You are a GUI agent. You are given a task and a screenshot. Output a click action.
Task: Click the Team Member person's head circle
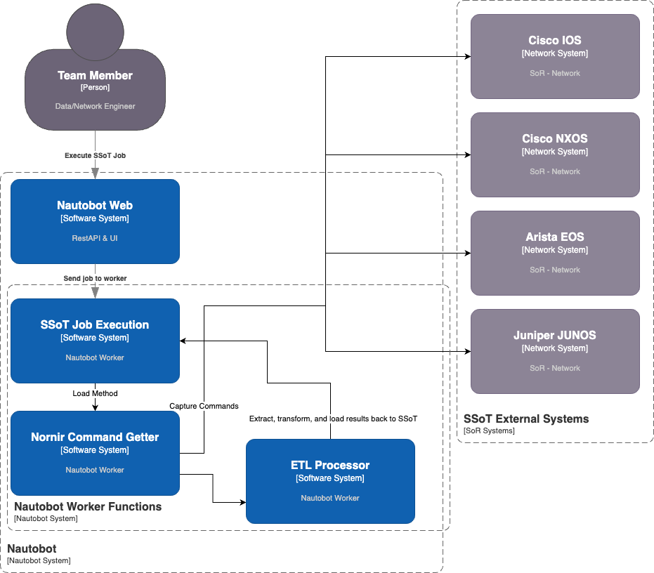click(95, 32)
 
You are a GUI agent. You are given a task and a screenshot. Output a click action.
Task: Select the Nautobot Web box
click(95, 221)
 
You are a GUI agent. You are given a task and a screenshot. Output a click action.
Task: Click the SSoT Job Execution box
click(95, 341)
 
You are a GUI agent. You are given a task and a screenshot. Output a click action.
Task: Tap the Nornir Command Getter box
click(95, 453)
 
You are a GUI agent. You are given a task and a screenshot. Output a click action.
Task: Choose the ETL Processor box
click(330, 481)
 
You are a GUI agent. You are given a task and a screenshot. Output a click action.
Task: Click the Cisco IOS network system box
click(555, 56)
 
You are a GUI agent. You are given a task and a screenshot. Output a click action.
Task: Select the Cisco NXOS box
click(555, 154)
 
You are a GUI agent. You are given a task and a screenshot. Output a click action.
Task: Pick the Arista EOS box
click(555, 253)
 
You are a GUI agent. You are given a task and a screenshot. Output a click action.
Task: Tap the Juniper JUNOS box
click(555, 351)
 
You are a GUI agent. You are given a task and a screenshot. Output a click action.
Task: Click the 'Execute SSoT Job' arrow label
click(95, 155)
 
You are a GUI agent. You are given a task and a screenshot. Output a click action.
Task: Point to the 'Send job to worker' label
click(95, 278)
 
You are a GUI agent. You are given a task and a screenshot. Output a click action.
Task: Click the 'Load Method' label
click(95, 393)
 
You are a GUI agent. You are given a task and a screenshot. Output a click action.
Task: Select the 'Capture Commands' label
click(204, 406)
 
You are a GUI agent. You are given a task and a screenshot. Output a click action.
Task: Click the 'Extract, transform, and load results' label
click(333, 419)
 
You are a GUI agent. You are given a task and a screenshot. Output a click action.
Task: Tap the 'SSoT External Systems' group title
click(526, 419)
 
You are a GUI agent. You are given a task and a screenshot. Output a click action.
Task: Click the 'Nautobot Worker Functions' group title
click(88, 506)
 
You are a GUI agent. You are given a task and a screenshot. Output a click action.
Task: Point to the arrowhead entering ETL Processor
click(242, 502)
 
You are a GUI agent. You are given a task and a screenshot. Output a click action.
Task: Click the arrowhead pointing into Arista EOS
click(466, 253)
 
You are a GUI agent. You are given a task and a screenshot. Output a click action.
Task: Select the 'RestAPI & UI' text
click(95, 238)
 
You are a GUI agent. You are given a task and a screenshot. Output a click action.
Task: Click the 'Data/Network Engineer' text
click(95, 106)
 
